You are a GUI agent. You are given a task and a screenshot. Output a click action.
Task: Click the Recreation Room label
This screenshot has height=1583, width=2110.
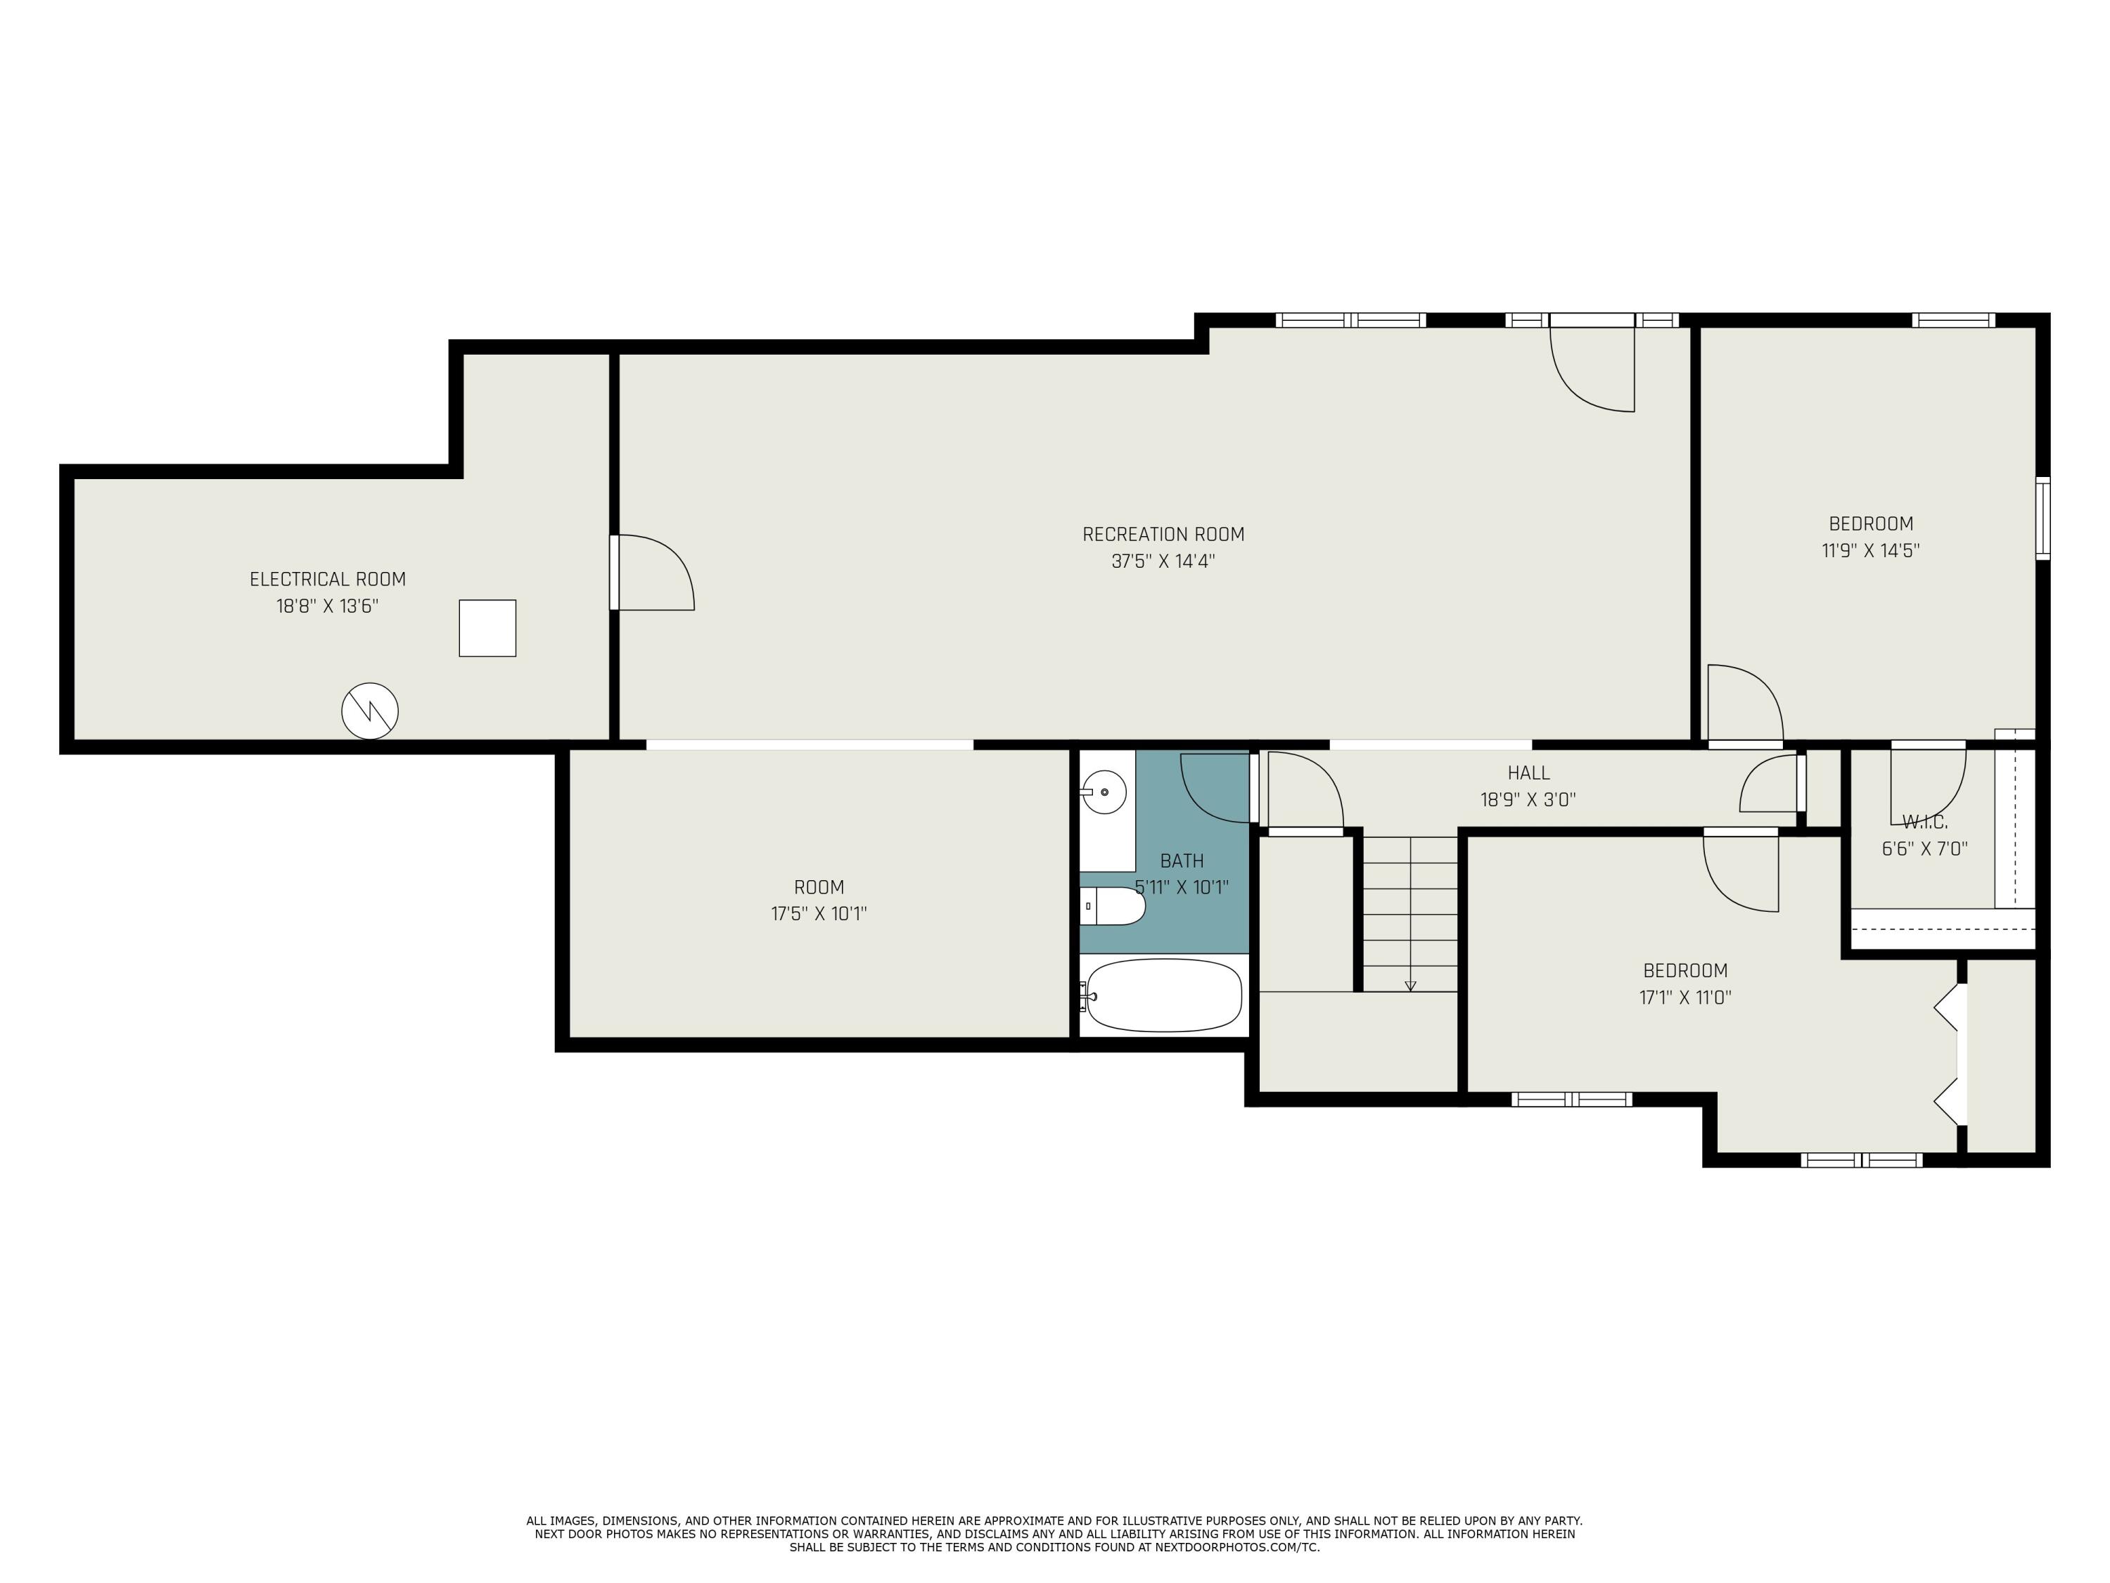pyautogui.click(x=1163, y=534)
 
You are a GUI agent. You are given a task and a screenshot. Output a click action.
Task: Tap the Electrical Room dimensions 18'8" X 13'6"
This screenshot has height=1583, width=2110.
pyautogui.click(x=327, y=606)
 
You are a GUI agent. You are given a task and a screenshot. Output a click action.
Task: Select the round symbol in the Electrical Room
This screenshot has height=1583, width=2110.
pyautogui.click(x=370, y=711)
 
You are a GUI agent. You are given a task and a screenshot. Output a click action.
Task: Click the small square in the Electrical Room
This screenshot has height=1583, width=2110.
pyautogui.click(x=487, y=628)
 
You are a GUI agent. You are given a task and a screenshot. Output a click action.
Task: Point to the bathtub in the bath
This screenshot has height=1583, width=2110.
pyautogui.click(x=1164, y=996)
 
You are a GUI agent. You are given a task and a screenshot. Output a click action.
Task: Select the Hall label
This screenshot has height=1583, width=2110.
pyautogui.click(x=1528, y=773)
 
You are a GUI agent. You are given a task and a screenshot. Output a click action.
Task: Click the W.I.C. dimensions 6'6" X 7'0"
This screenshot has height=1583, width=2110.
pyautogui.click(x=1924, y=848)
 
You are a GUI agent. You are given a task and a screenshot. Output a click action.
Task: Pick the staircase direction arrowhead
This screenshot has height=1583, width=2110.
pyautogui.click(x=1411, y=986)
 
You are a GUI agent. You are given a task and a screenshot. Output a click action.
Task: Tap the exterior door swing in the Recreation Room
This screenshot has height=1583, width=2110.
pyautogui.click(x=1592, y=369)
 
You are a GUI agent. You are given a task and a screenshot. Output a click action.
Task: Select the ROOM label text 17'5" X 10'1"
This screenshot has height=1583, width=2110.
pyautogui.click(x=819, y=914)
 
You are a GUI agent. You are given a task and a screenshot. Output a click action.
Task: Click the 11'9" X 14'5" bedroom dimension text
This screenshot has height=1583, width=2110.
pyautogui.click(x=1871, y=551)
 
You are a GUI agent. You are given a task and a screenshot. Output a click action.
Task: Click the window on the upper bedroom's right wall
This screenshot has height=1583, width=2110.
pyautogui.click(x=2042, y=517)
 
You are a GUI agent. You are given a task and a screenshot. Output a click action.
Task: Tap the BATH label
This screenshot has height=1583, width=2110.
pyautogui.click(x=1182, y=860)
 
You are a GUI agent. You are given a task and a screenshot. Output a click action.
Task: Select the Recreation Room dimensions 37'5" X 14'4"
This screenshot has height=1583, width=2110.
pyautogui.click(x=1163, y=561)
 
